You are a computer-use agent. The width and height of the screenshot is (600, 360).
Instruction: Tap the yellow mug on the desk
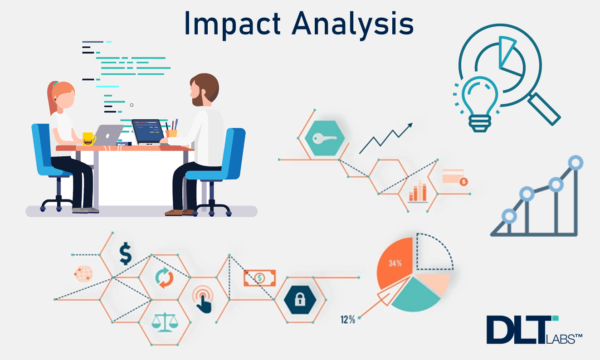tap(88, 138)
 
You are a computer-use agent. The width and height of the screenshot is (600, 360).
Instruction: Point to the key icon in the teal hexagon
tap(322, 137)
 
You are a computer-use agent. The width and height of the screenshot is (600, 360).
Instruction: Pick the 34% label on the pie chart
tap(395, 263)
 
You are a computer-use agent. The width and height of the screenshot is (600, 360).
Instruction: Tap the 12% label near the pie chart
tap(347, 320)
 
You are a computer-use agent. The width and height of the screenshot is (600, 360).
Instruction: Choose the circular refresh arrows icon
tap(164, 277)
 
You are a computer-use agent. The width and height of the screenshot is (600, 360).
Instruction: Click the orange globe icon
tap(83, 274)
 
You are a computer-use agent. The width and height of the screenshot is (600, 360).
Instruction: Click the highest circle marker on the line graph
tap(576, 162)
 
